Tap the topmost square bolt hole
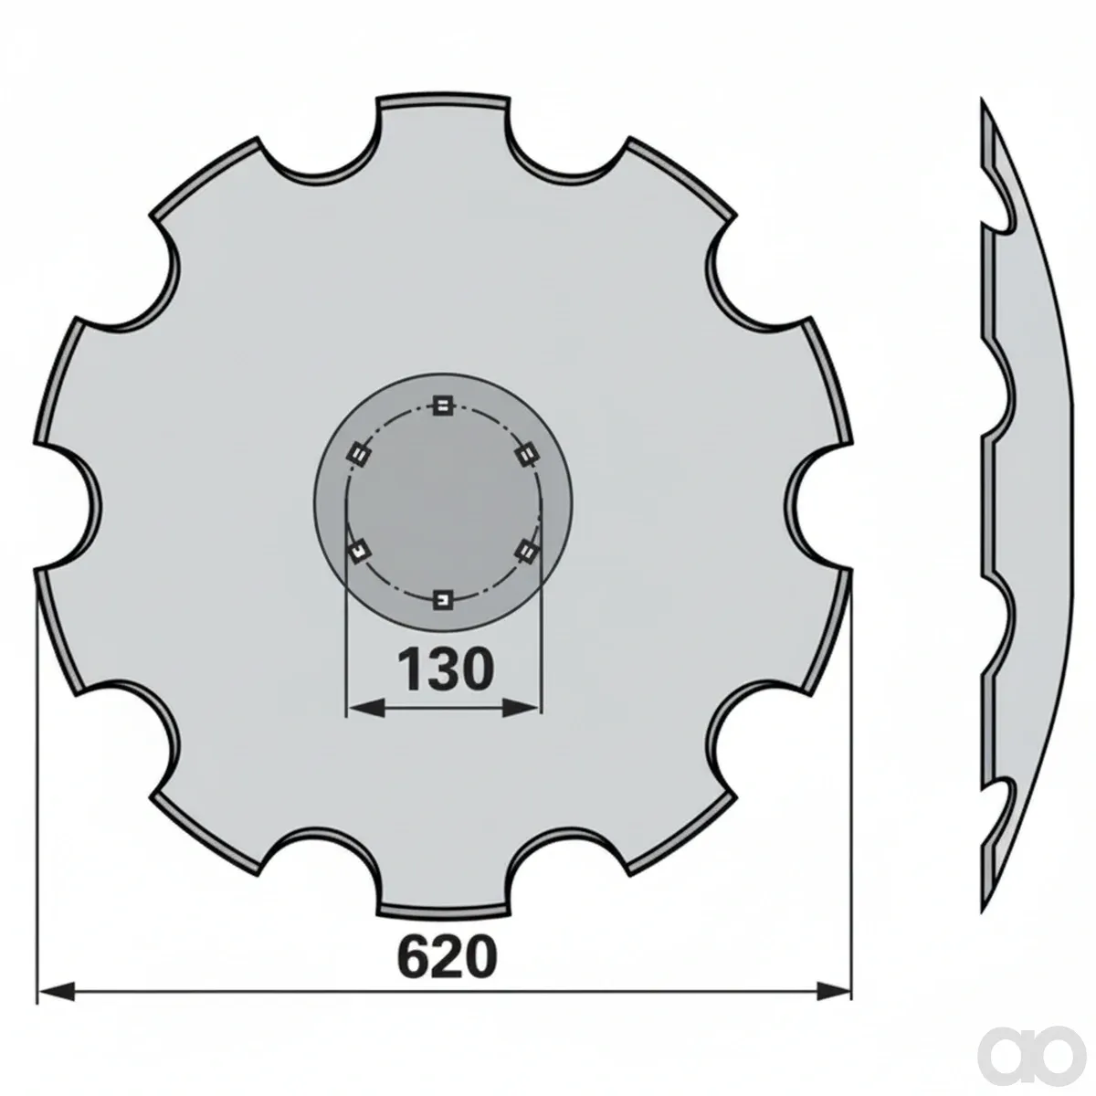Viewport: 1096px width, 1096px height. coord(442,406)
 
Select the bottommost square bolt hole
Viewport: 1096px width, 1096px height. coord(442,599)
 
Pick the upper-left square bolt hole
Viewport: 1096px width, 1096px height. coord(358,455)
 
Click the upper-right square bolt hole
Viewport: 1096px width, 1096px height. coord(526,455)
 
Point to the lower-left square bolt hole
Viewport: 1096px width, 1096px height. coord(358,551)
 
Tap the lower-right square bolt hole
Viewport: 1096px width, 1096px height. coord(526,551)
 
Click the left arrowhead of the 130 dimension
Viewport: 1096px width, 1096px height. coord(364,709)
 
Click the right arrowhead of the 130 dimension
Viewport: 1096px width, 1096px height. coord(521,709)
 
